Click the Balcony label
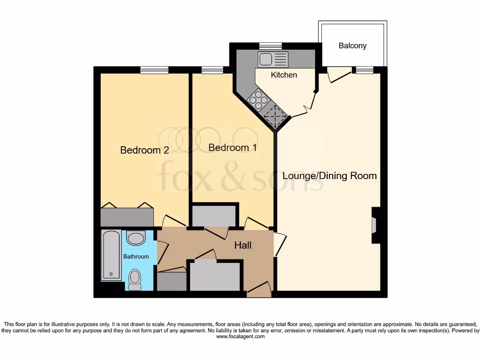pyautogui.click(x=352, y=46)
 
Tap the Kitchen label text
pyautogui.click(x=284, y=75)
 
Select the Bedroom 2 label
pyautogui.click(x=144, y=150)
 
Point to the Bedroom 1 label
pyautogui.click(x=232, y=148)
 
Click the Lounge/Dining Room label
pyautogui.click(x=330, y=176)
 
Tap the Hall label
pyautogui.click(x=243, y=245)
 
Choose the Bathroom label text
pyautogui.click(x=136, y=256)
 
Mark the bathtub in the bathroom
pyautogui.click(x=111, y=255)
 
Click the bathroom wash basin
pyautogui.click(x=136, y=239)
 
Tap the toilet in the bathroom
pyautogui.click(x=135, y=279)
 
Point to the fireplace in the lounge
pyautogui.click(x=375, y=225)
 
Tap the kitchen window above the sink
pyautogui.click(x=270, y=46)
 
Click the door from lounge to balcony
pyautogui.click(x=338, y=74)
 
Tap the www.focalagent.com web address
pyautogui.click(x=240, y=337)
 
